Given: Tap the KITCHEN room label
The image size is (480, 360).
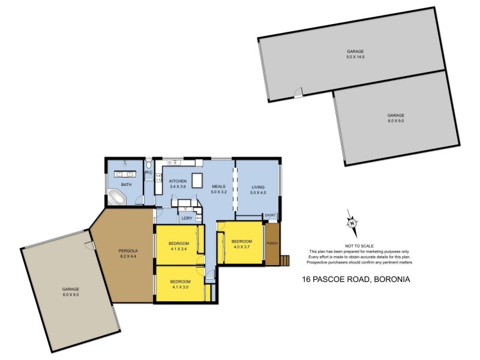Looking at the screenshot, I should pyautogui.click(x=178, y=181).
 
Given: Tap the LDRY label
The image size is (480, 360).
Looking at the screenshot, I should pyautogui.click(x=186, y=218).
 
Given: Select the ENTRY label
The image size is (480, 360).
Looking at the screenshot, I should pyautogui.click(x=271, y=215).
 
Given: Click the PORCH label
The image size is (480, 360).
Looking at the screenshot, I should pyautogui.click(x=272, y=244).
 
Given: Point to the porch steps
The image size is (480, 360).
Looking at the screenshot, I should pyautogui.click(x=286, y=260).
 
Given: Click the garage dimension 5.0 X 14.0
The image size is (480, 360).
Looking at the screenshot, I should pyautogui.click(x=355, y=57).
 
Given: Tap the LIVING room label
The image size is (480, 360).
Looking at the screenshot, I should pyautogui.click(x=257, y=188).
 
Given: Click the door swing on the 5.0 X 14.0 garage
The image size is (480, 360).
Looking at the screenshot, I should pyautogui.click(x=298, y=92).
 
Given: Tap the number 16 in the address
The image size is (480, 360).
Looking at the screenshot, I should pyautogui.click(x=306, y=279).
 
